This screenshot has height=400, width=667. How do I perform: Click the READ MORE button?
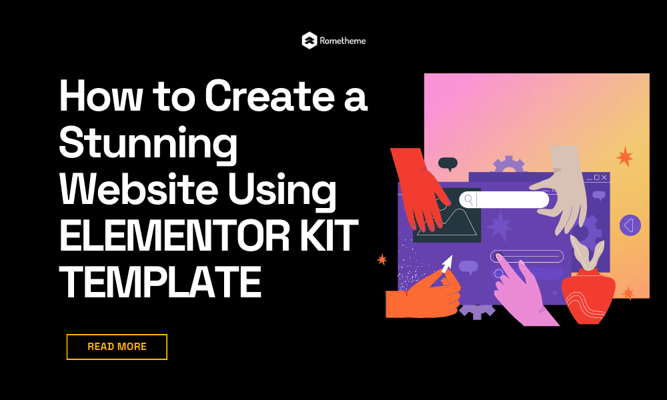[x=117, y=347]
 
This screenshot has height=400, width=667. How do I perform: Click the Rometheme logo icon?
[x=309, y=41]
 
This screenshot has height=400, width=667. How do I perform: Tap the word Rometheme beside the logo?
[x=344, y=41]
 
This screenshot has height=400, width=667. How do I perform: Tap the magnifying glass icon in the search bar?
[x=469, y=199]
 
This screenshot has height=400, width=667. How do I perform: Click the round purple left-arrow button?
[x=630, y=225]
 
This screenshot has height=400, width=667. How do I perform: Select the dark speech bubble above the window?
[x=447, y=162]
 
